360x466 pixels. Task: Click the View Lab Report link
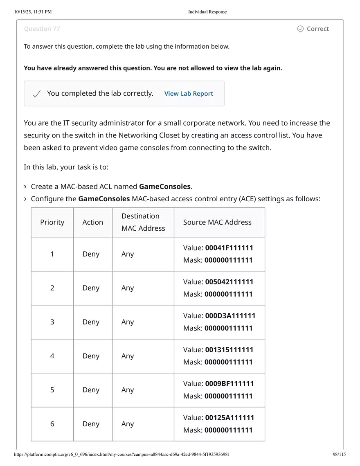pos(189,94)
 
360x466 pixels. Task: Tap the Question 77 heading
pos(42,29)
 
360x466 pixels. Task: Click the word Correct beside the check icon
pos(317,29)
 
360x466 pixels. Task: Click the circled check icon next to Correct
pos(300,29)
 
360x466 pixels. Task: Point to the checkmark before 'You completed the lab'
pos(36,94)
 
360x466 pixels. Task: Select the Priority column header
pos(52,222)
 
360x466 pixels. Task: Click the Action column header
pos(92,222)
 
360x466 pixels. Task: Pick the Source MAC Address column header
pos(217,222)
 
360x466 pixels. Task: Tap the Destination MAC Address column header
pos(143,222)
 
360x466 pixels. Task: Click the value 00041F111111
pos(229,248)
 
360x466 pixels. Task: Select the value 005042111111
pos(229,282)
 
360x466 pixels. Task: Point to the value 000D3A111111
pos(230,316)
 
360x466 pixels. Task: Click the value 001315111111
pos(229,350)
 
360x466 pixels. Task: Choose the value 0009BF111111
pos(229,384)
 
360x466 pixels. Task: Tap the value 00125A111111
pos(229,418)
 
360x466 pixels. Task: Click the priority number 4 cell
pos(52,356)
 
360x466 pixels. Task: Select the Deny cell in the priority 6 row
pos(91,424)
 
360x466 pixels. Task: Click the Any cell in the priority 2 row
pos(128,288)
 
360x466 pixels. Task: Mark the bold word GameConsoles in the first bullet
pos(165,187)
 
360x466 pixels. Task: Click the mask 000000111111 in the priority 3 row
pos(228,328)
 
